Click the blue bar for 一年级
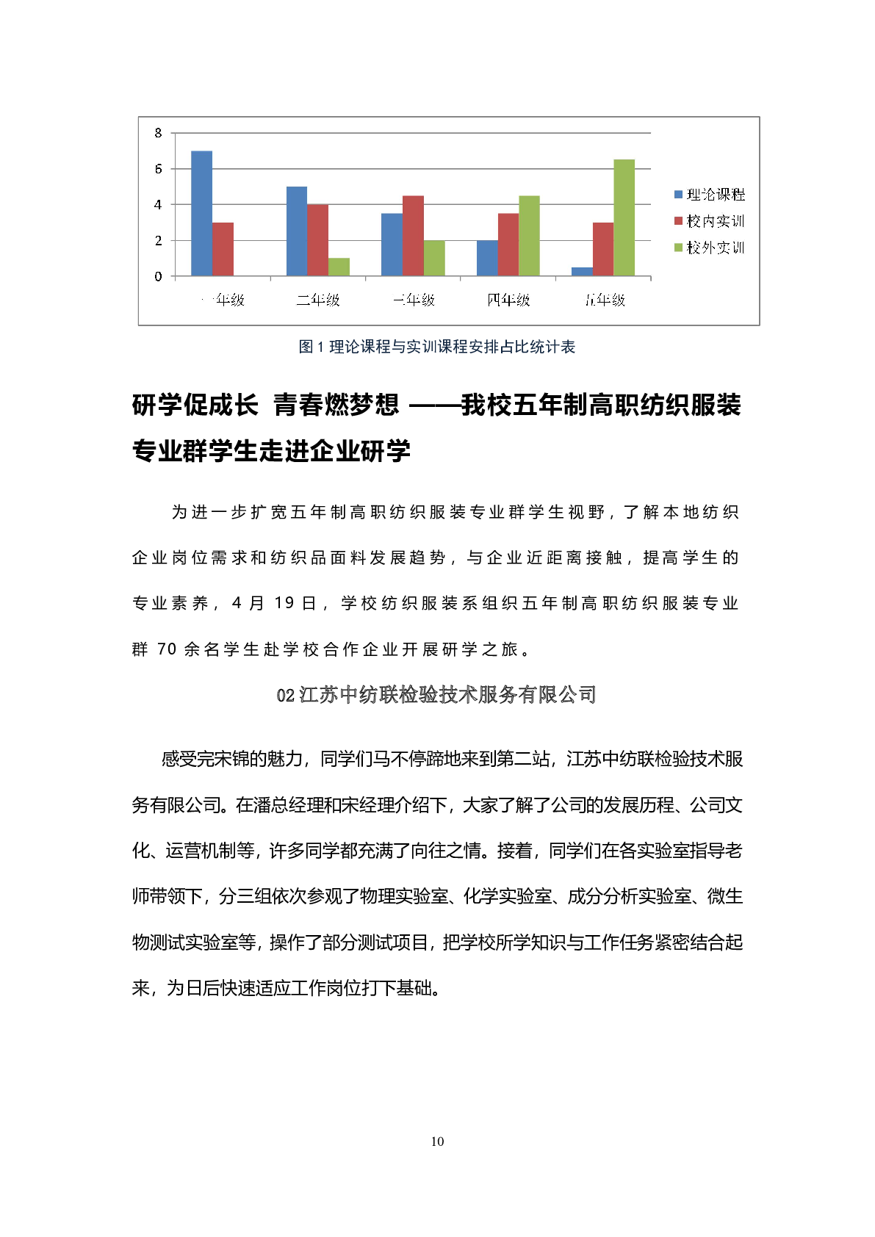[201, 214]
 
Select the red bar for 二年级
[317, 240]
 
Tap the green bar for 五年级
[624, 217]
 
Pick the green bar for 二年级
[339, 267]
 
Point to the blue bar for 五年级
[582, 272]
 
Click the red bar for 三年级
[413, 236]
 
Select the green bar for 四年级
[529, 236]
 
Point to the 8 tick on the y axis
[158, 133]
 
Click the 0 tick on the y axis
[158, 276]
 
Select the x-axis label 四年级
[508, 300]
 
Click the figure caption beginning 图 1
[437, 347]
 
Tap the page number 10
[437, 1141]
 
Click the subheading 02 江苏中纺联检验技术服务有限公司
[436, 694]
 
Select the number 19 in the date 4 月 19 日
[284, 603]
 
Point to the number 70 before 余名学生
[167, 649]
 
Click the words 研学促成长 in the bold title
[195, 405]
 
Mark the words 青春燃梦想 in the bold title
[336, 405]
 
